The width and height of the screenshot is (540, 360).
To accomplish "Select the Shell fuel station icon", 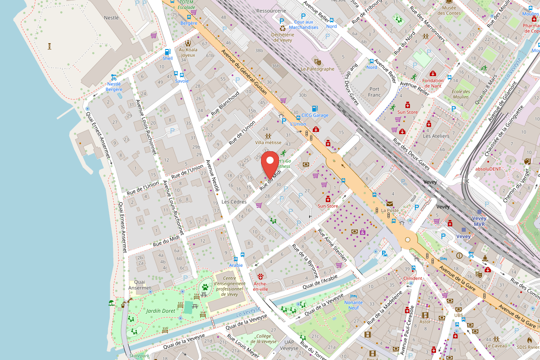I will [167, 52].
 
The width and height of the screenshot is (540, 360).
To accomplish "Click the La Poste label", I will [390, 210].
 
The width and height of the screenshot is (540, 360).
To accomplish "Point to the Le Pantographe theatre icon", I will [318, 61].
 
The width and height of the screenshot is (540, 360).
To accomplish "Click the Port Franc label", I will [374, 92].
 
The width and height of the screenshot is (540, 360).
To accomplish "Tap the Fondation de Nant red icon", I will [433, 73].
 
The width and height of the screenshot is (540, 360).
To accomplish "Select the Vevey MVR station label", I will [479, 221].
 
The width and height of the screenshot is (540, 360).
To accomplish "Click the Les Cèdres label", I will [234, 202].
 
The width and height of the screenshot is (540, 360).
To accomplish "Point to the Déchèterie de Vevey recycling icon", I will [282, 27].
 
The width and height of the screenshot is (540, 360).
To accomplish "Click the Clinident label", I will [413, 278].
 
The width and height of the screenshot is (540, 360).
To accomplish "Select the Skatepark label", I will [139, 356].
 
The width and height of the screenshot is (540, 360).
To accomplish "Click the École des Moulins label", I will [460, 94].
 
